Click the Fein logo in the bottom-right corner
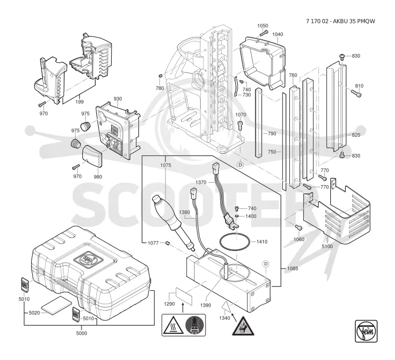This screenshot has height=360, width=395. tap(366, 331)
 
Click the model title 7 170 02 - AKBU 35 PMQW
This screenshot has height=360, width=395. tap(340, 21)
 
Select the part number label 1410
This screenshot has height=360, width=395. tap(262, 241)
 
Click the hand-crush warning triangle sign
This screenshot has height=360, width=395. tap(243, 326)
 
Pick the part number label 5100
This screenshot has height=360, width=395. tap(327, 246)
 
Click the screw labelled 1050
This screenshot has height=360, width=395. tap(264, 33)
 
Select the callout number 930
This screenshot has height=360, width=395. tap(118, 99)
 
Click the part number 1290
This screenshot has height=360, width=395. tap(169, 304)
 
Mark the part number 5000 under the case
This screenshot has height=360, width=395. tap(81, 333)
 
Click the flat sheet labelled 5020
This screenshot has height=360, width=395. tap(56, 306)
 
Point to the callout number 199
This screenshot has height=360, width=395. tap(79, 102)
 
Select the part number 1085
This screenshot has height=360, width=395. tap(292, 268)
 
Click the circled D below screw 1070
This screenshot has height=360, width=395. tap(240, 165)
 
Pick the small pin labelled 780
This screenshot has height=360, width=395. tap(160, 76)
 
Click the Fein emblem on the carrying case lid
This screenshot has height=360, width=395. tap(87, 258)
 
